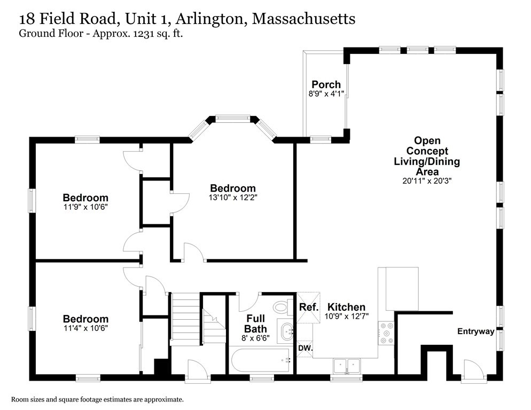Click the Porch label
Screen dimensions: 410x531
(x=326, y=84)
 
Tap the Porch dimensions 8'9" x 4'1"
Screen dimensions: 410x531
(x=326, y=93)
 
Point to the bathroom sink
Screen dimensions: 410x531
(x=286, y=331)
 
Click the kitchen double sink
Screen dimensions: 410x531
(x=347, y=366)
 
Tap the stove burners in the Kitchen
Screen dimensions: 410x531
(x=385, y=334)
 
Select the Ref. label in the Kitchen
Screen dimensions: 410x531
(x=308, y=307)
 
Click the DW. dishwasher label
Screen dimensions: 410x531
(x=305, y=348)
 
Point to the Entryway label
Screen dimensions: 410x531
(x=475, y=332)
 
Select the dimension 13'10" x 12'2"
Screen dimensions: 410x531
(x=232, y=197)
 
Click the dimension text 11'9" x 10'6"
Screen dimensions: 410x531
(x=85, y=207)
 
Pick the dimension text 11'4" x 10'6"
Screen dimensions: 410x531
(x=85, y=328)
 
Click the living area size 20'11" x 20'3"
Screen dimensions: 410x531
(x=427, y=180)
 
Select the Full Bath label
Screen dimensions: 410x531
(x=255, y=324)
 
